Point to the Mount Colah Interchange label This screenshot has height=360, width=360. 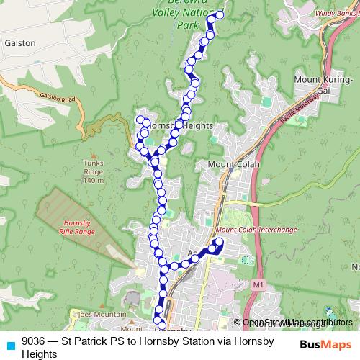coord(255,230)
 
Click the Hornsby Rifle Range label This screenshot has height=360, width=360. coord(76,227)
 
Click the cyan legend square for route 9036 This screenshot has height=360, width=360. coord(10,344)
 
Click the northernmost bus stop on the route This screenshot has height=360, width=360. coord(220,14)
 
